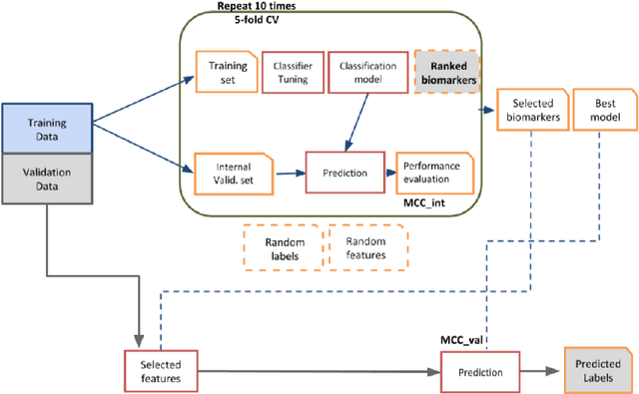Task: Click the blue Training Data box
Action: pos(46,130)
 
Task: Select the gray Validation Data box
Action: pos(46,181)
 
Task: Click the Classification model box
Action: pos(360,73)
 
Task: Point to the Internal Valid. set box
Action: pos(227,173)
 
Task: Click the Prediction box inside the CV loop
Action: pos(345,173)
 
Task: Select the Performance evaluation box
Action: pos(432,173)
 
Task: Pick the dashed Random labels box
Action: pos(284,247)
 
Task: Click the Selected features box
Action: pos(159,371)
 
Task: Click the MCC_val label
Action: pos(464,341)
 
